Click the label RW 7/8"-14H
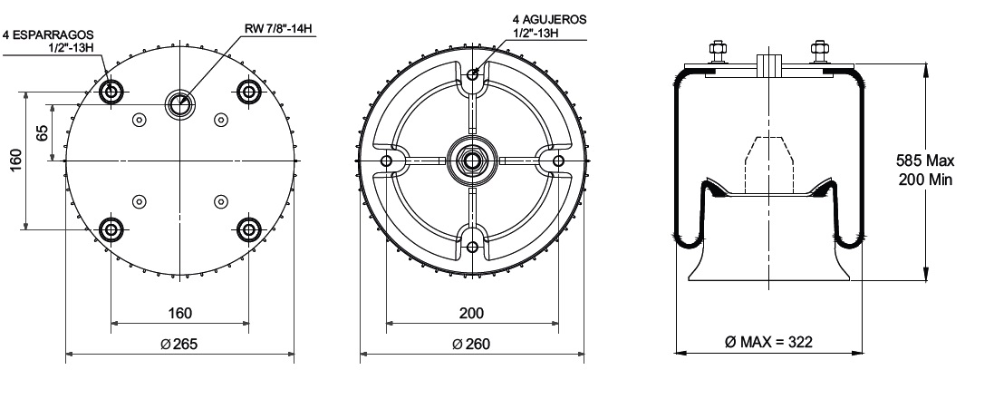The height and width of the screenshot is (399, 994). click(x=280, y=28)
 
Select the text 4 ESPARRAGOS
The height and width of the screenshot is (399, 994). click(x=48, y=34)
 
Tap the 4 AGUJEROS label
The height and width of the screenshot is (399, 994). click(x=549, y=20)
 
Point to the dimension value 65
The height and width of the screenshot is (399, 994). click(x=42, y=133)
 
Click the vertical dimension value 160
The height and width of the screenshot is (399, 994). click(x=15, y=161)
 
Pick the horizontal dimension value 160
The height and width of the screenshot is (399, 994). click(x=180, y=313)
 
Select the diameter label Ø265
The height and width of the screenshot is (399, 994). click(x=179, y=344)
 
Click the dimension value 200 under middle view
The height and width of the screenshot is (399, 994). click(x=472, y=313)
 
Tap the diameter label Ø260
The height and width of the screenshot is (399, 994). click(x=472, y=344)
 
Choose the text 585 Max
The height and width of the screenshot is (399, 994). click(x=925, y=161)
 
